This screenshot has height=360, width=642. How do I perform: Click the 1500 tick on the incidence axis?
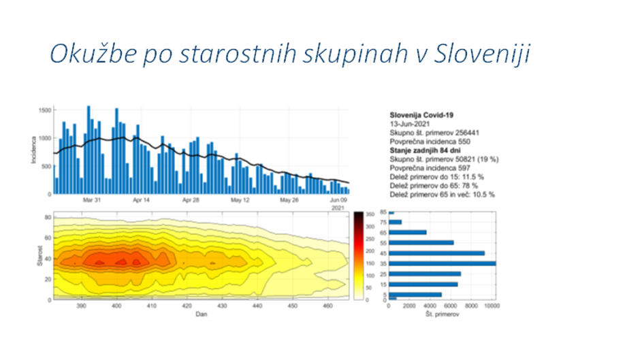[44, 110]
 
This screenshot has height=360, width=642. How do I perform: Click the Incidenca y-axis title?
[33, 150]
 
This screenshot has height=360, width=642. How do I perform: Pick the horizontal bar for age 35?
[442, 263]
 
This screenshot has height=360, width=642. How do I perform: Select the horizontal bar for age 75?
[395, 222]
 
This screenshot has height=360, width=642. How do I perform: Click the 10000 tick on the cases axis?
[492, 307]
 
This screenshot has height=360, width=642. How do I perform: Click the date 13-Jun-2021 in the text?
[409, 125]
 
